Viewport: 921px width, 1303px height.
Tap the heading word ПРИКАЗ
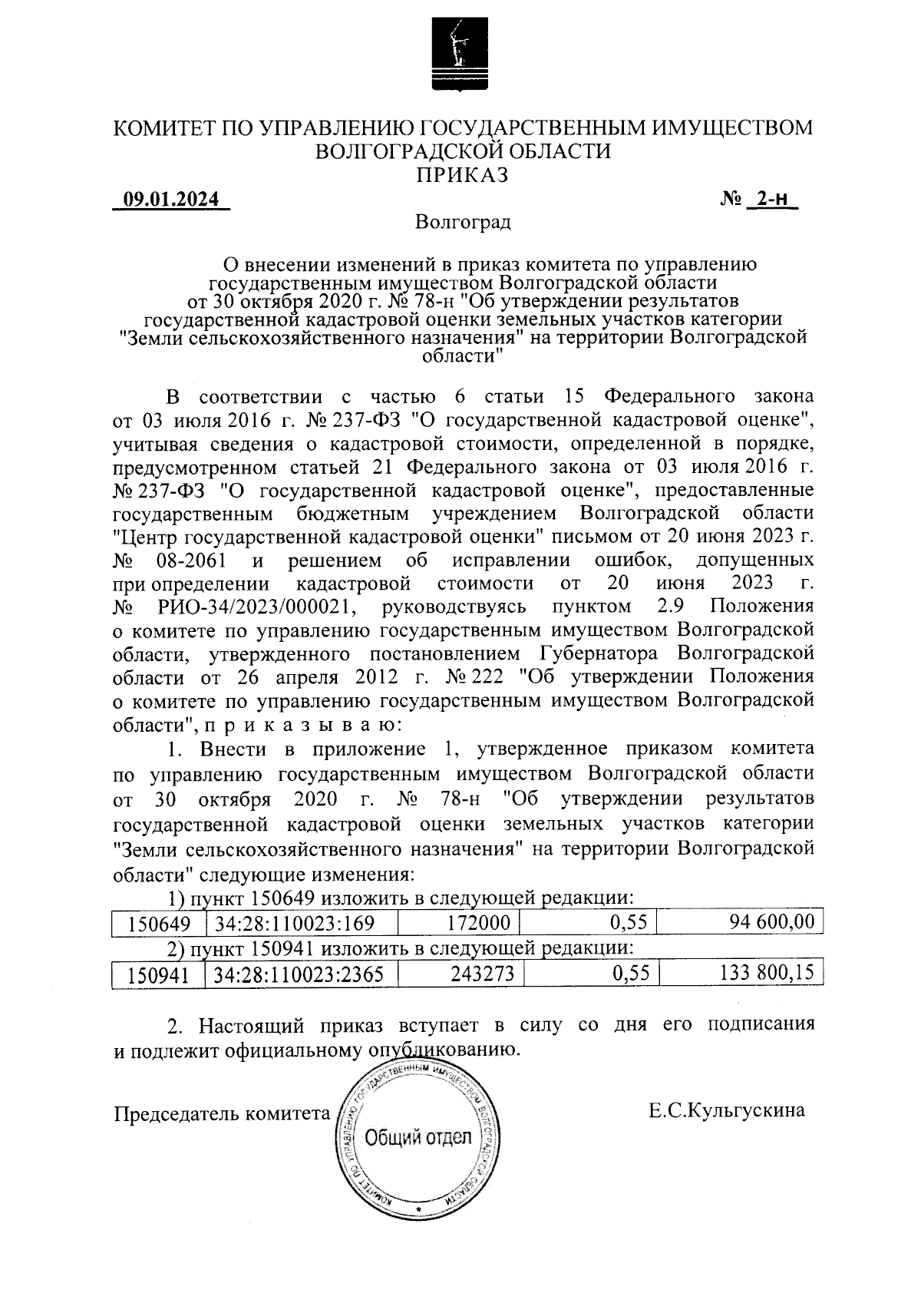point(462,174)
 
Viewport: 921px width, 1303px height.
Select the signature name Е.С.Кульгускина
point(726,1110)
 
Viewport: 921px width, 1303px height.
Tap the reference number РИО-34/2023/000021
point(257,607)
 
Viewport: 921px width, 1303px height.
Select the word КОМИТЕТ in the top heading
point(165,127)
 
